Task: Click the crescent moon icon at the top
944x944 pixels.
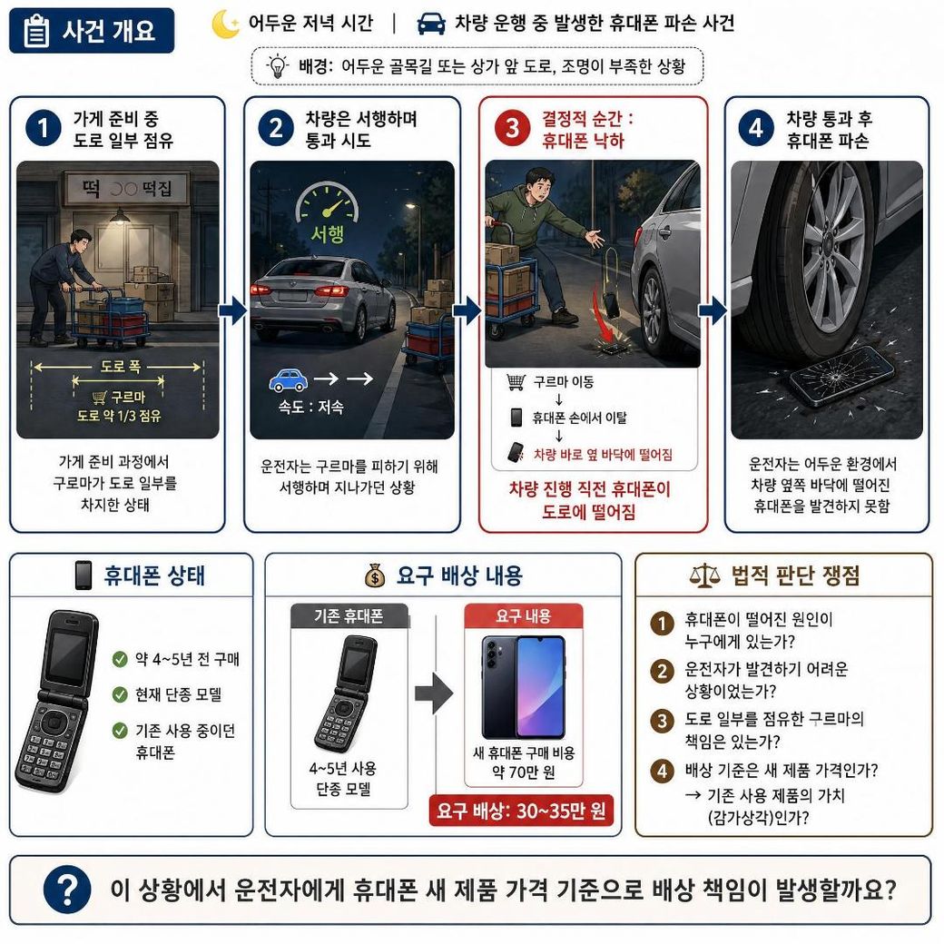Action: pos(225,25)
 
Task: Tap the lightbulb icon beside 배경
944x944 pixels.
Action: pos(278,65)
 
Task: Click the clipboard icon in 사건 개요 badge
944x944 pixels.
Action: pos(36,31)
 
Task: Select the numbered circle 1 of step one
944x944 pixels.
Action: pos(44,128)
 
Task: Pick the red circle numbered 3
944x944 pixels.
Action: pos(512,128)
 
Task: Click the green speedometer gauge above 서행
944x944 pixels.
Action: pos(327,202)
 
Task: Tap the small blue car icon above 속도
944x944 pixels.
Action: pos(288,380)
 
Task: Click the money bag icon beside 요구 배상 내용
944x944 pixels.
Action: pos(375,575)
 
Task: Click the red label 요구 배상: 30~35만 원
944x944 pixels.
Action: pos(521,811)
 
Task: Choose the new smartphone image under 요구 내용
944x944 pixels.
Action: pos(523,686)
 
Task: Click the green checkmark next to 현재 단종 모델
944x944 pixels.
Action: pos(120,694)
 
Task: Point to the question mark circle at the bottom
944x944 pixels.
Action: pos(67,890)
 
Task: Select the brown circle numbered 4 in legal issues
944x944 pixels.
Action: pos(663,771)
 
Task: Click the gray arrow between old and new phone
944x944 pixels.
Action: pos(434,693)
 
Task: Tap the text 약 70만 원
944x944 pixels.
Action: pos(524,772)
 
